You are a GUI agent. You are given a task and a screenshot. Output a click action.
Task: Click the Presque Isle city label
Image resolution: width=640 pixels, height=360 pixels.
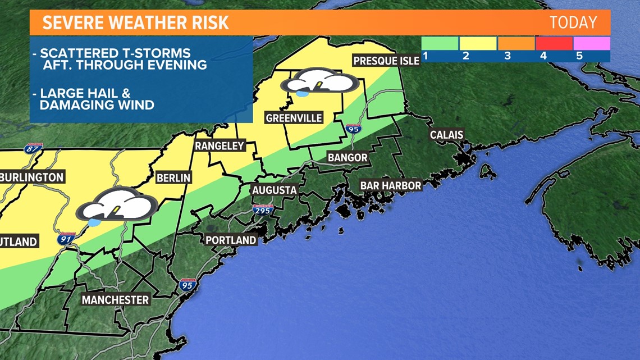[x=386, y=60]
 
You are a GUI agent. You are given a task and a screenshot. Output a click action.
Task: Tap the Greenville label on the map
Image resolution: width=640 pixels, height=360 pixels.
[x=294, y=118]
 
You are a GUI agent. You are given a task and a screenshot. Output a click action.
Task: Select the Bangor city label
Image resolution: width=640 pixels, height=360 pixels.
[x=348, y=158]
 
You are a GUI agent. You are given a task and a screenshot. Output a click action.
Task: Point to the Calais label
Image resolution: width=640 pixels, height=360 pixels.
[x=446, y=135]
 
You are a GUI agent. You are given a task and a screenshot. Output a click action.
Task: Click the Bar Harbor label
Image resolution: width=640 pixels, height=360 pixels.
[x=390, y=185]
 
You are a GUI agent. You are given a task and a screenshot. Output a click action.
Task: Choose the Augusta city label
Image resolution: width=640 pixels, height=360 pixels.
[x=274, y=190]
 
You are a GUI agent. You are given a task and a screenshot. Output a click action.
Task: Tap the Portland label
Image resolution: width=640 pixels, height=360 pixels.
[x=231, y=240]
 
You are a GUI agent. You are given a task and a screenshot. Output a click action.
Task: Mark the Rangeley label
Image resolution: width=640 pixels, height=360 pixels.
[x=220, y=146]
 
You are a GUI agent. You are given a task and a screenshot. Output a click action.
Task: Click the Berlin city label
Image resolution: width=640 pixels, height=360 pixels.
[x=173, y=178]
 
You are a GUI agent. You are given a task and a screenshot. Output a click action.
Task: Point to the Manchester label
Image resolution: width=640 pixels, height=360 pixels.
[x=116, y=300]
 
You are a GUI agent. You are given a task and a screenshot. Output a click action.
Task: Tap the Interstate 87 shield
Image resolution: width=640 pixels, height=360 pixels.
[x=32, y=149]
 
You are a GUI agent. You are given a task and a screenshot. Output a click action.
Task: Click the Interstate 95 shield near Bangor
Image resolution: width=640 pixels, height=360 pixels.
[x=353, y=129]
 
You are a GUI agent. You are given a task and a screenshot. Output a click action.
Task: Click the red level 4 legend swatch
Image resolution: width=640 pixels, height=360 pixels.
[x=554, y=44]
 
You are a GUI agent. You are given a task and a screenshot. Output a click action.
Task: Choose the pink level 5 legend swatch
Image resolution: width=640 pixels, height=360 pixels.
[x=591, y=44]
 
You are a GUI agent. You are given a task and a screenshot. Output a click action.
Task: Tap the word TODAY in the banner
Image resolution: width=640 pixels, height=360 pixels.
[x=573, y=22]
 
